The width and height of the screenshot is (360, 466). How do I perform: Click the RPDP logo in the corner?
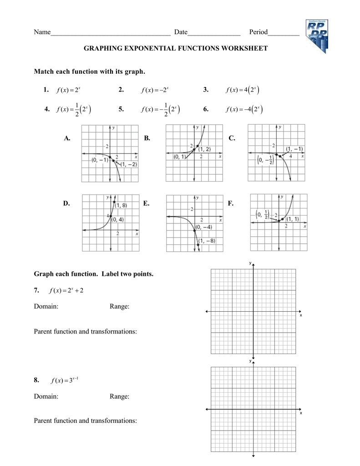(x=314, y=36)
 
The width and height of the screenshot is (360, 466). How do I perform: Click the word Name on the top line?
(x=42, y=32)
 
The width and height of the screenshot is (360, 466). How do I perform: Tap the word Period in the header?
(x=258, y=32)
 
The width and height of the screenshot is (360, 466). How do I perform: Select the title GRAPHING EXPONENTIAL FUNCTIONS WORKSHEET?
(x=176, y=48)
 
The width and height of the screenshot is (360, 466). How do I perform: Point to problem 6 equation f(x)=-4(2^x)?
(x=243, y=109)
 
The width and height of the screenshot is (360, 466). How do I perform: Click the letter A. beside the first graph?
(x=67, y=138)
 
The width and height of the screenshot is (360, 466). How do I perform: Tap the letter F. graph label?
(x=231, y=203)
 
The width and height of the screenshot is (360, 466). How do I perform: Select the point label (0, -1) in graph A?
(x=100, y=160)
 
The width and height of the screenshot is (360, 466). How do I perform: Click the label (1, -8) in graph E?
(x=206, y=241)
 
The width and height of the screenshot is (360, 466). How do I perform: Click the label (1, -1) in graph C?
(x=294, y=149)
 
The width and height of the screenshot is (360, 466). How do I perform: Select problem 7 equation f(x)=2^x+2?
(x=68, y=290)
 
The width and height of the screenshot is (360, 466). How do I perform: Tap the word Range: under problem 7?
(x=120, y=307)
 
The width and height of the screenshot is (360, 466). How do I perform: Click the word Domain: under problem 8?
(x=46, y=396)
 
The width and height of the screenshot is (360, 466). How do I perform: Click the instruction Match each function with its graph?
(x=90, y=71)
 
